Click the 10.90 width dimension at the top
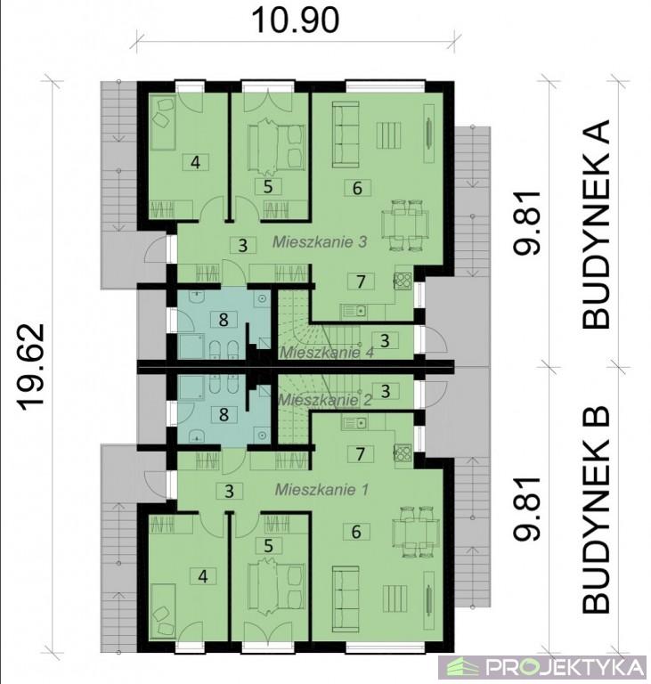296,20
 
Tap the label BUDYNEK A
595,224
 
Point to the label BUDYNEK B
595,509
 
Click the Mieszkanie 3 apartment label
320,241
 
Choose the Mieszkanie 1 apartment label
321,490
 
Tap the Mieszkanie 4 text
326,352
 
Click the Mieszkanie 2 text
325,400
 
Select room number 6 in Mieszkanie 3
357,188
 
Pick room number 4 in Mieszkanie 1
203,577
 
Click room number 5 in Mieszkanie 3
268,186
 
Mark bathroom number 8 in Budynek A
224,320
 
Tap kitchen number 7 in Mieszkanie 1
360,453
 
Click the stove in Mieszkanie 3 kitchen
403,281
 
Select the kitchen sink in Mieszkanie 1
354,422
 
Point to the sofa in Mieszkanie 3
346,134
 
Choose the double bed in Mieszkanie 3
276,147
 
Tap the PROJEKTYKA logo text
566,667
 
